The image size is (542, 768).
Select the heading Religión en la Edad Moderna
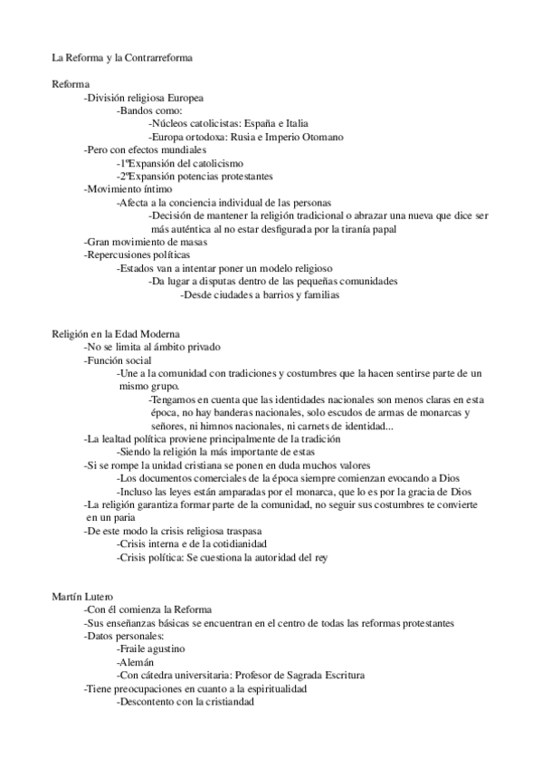click(x=116, y=334)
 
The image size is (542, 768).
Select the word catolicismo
click(x=216, y=162)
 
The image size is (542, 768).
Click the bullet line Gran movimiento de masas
click(x=146, y=242)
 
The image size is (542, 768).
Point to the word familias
click(x=319, y=294)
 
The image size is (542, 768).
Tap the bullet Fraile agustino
click(x=151, y=649)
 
